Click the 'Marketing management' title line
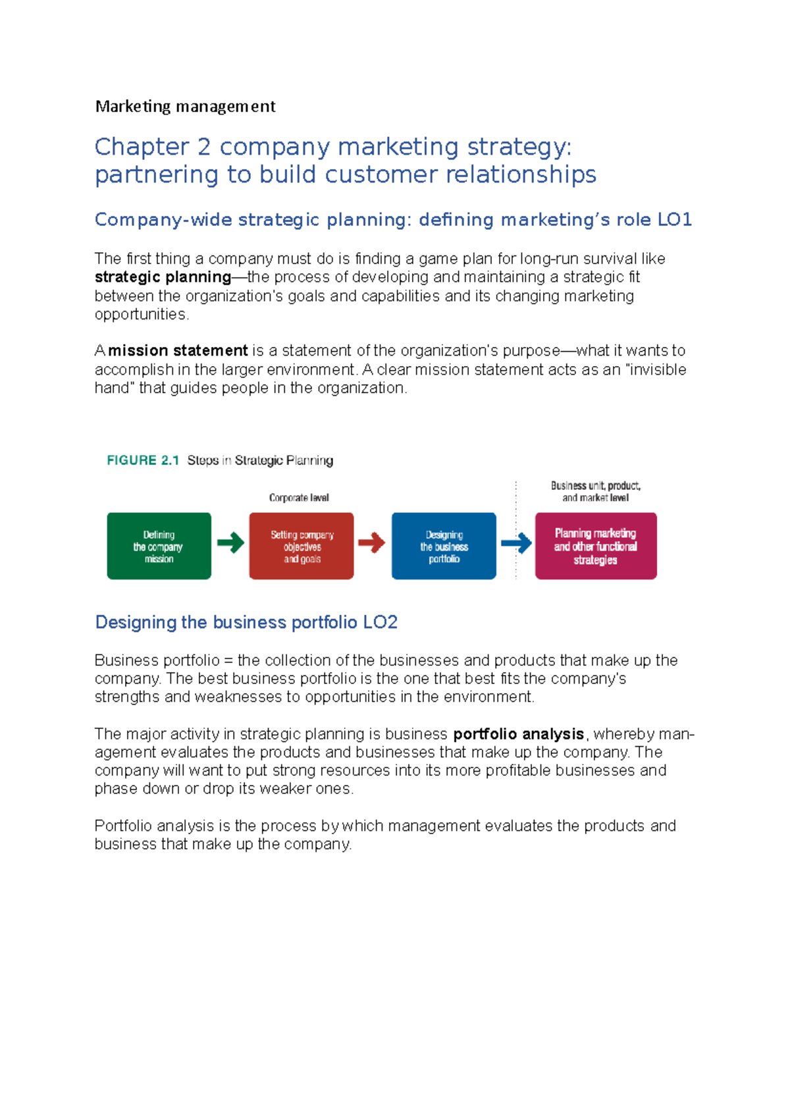click(x=185, y=107)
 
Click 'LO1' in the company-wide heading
click(x=674, y=220)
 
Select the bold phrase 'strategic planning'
click(x=163, y=277)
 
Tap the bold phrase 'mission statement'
click(x=178, y=351)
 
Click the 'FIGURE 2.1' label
click(x=143, y=460)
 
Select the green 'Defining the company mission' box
click(x=159, y=546)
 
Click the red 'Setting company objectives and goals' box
click(x=302, y=546)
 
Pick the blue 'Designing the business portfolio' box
click(x=444, y=546)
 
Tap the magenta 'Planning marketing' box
click(x=596, y=546)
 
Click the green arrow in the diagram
click(x=230, y=543)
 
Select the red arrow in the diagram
click(x=372, y=543)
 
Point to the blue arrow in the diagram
click(x=517, y=543)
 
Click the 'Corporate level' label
click(x=299, y=498)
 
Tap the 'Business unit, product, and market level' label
click(x=596, y=491)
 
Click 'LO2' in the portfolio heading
click(x=380, y=623)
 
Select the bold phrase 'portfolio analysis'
click(x=519, y=734)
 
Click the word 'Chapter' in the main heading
click(x=142, y=147)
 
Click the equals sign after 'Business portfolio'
click(x=228, y=661)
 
